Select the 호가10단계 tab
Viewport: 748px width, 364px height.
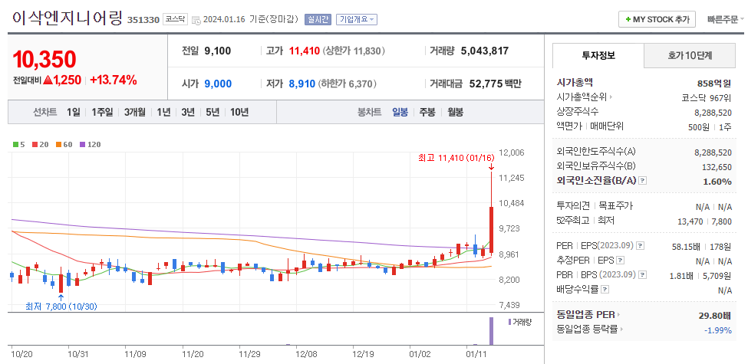(x=690, y=55)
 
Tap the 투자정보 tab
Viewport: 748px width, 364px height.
(x=598, y=55)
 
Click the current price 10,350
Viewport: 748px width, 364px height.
(x=44, y=59)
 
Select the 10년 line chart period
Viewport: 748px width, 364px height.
(x=239, y=112)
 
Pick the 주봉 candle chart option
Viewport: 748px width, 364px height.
(x=427, y=112)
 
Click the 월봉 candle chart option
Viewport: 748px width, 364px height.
(x=455, y=112)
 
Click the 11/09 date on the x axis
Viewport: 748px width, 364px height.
(x=135, y=354)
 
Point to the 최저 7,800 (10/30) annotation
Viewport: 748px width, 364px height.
(x=61, y=306)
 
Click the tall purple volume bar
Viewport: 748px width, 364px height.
(x=491, y=330)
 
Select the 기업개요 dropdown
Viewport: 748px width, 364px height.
(x=358, y=19)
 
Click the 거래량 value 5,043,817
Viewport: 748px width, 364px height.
(x=484, y=51)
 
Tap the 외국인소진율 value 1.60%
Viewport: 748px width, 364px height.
(x=717, y=182)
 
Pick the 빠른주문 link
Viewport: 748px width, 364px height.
(x=725, y=19)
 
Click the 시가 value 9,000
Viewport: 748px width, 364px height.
(x=218, y=84)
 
